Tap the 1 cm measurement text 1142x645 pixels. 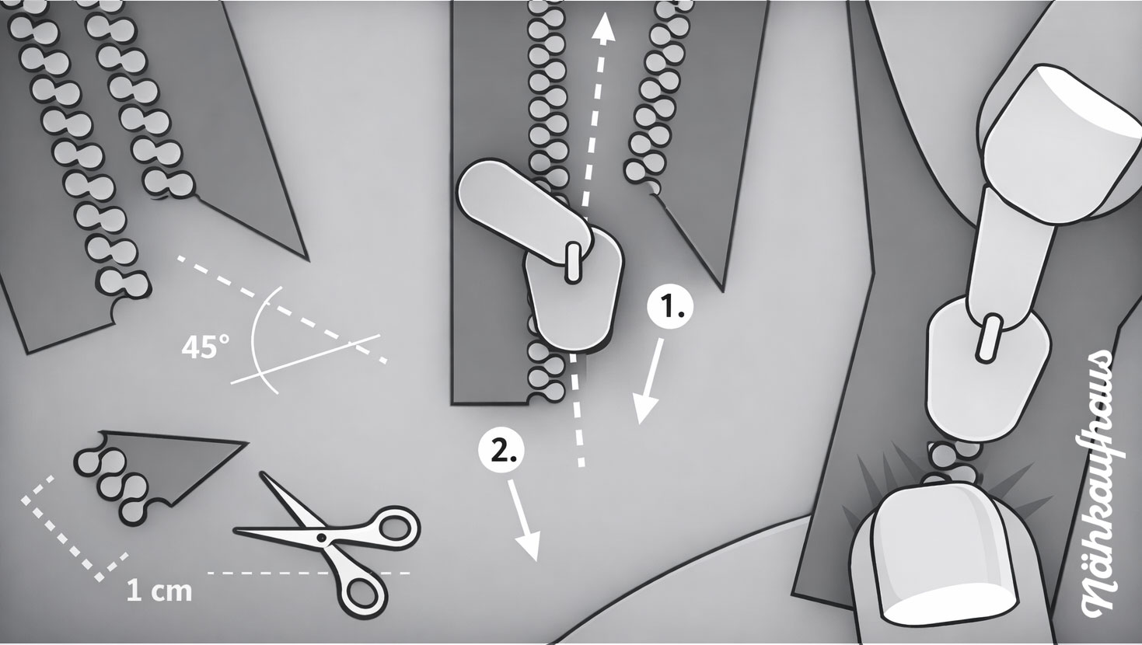(159, 591)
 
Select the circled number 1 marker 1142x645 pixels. (670, 308)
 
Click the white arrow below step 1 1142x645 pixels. (649, 381)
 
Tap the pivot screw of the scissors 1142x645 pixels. (321, 537)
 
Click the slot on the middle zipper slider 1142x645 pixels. (572, 262)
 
